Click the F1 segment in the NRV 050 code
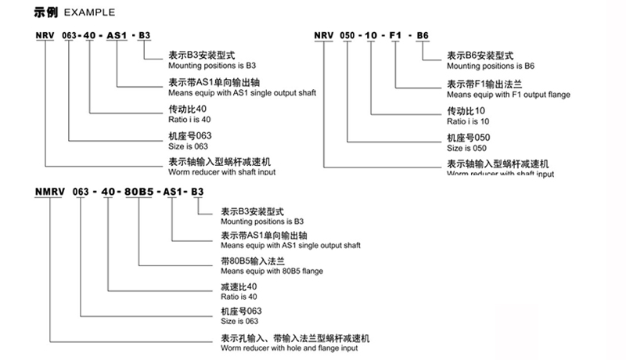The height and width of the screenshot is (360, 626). click(x=395, y=36)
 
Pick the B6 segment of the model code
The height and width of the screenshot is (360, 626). click(x=423, y=36)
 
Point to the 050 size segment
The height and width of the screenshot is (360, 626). click(x=347, y=36)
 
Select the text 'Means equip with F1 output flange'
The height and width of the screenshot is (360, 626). click(x=507, y=95)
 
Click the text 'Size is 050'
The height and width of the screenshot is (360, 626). click(x=466, y=148)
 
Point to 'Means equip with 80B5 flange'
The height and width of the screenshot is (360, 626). click(x=272, y=271)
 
